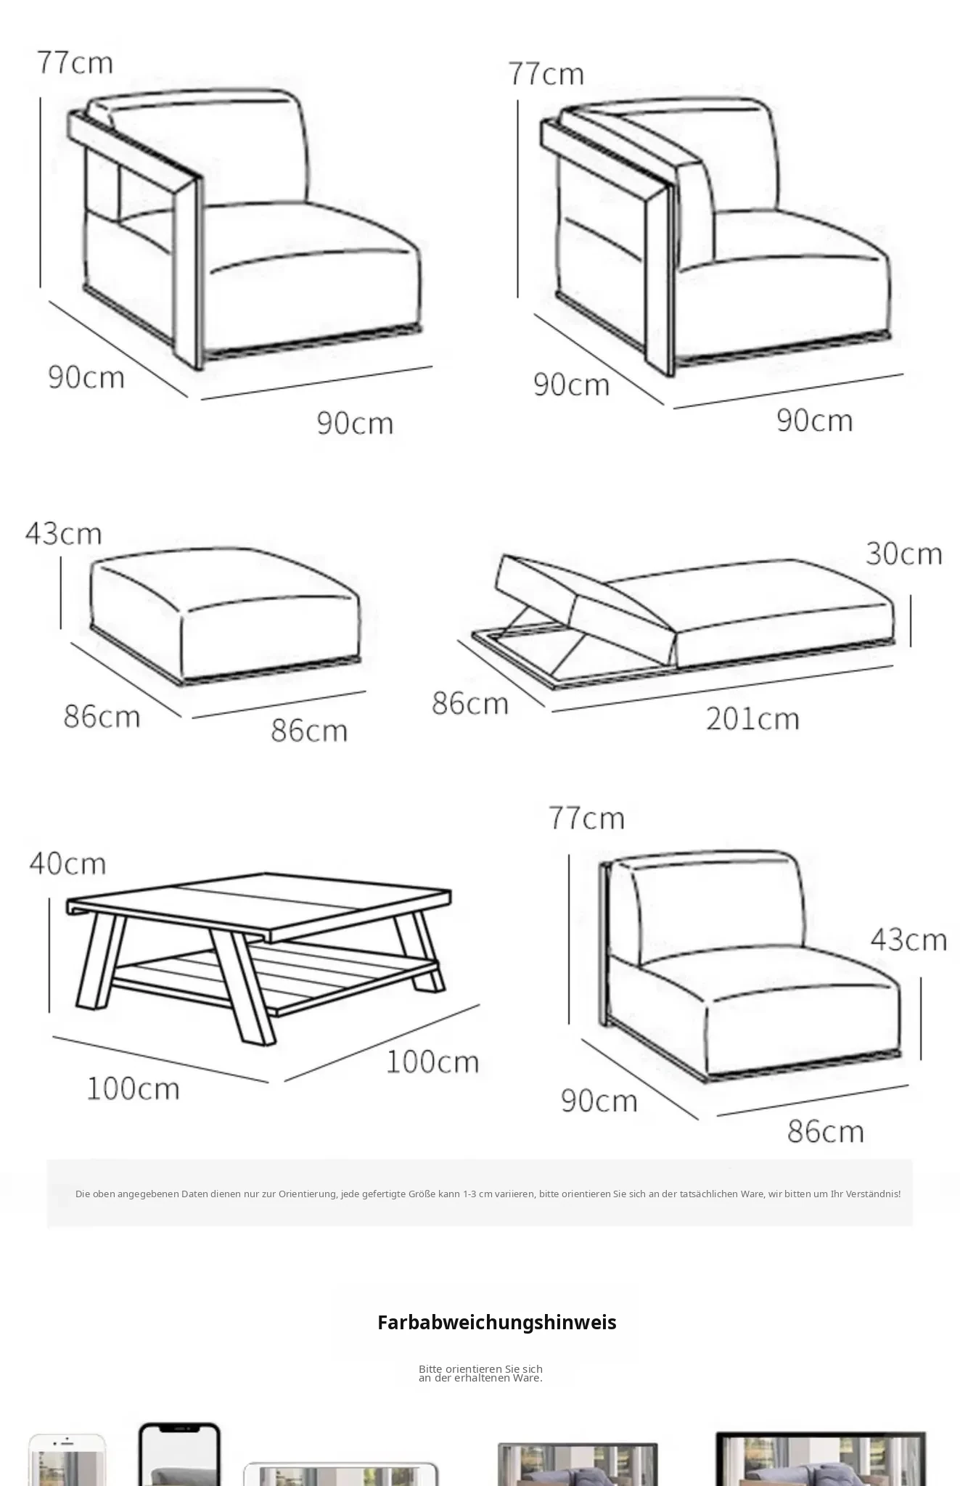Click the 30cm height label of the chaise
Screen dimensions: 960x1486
click(904, 554)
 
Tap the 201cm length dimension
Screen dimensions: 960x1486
click(752, 718)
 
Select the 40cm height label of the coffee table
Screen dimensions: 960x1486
click(67, 863)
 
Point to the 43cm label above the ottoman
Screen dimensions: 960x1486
click(63, 533)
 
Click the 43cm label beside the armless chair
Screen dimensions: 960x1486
click(908, 940)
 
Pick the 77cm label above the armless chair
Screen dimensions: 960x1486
click(586, 818)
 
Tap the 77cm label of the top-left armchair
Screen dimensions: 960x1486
click(75, 62)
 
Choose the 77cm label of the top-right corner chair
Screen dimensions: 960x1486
click(546, 73)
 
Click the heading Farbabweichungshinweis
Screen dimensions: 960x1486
click(497, 1322)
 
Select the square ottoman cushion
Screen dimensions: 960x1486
click(225, 613)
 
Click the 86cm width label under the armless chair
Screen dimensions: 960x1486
click(826, 1131)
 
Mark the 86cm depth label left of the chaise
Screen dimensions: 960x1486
click(470, 703)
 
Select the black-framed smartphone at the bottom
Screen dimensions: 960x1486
click(179, 1454)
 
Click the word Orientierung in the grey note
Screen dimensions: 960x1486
click(308, 1194)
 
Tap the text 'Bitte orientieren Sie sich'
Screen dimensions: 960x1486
click(480, 1368)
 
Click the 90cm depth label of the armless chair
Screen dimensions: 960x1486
click(599, 1101)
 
